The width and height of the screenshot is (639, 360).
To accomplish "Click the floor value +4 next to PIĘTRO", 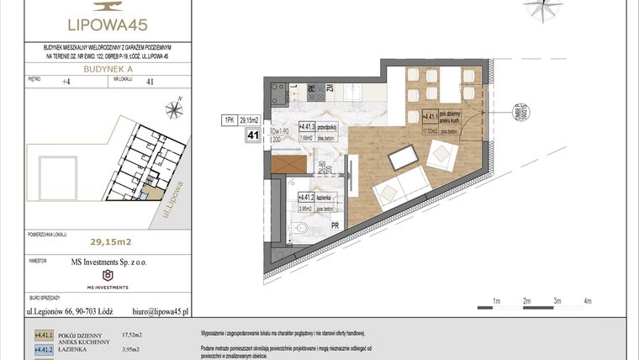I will tap(66, 82).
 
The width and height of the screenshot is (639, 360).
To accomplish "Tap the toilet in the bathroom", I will tap(306, 230).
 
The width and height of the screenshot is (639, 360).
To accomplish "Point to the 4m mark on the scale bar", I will tap(588, 299).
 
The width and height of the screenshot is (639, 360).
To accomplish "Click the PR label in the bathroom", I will tap(334, 225).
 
